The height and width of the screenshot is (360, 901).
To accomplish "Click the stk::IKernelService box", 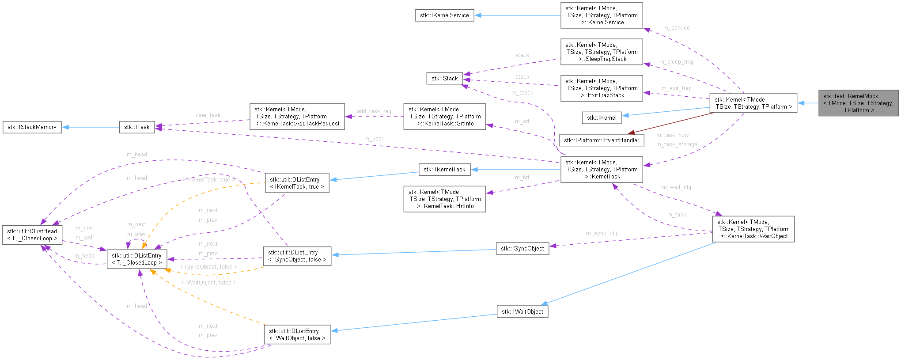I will pyautogui.click(x=444, y=15).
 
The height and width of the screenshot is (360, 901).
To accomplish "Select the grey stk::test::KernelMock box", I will pyautogui.click(x=858, y=103).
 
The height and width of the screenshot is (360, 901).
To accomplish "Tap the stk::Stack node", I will pyautogui.click(x=444, y=79).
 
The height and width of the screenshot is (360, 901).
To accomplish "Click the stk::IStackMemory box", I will pyautogui.click(x=32, y=127).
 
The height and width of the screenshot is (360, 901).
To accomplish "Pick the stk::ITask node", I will pyautogui.click(x=136, y=127).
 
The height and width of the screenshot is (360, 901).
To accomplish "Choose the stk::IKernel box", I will pyautogui.click(x=602, y=117).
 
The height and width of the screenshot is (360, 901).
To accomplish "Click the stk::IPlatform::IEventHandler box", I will pyautogui.click(x=601, y=140).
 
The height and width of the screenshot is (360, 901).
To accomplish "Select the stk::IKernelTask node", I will pyautogui.click(x=444, y=170).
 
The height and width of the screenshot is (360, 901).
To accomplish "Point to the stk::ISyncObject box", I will pyautogui.click(x=522, y=249).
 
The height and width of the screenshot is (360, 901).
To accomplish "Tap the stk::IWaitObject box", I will pyautogui.click(x=522, y=312).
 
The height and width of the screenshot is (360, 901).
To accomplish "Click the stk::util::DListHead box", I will pyautogui.click(x=32, y=235).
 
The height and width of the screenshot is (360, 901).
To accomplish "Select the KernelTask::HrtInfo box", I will pyautogui.click(x=444, y=199).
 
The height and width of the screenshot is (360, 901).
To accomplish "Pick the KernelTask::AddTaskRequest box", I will pyautogui.click(x=297, y=117).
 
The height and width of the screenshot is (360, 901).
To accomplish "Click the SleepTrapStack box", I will pyautogui.click(x=602, y=52).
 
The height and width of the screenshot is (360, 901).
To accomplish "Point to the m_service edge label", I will pyautogui.click(x=676, y=28).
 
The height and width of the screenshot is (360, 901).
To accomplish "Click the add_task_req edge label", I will pyautogui.click(x=374, y=111).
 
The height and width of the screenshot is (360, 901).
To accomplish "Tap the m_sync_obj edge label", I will pyautogui.click(x=601, y=233).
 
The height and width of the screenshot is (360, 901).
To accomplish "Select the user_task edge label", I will pyautogui.click(x=208, y=115).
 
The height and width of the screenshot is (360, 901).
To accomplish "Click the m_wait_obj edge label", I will pyautogui.click(x=676, y=187).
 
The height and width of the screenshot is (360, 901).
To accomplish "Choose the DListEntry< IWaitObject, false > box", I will pyautogui.click(x=297, y=335).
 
